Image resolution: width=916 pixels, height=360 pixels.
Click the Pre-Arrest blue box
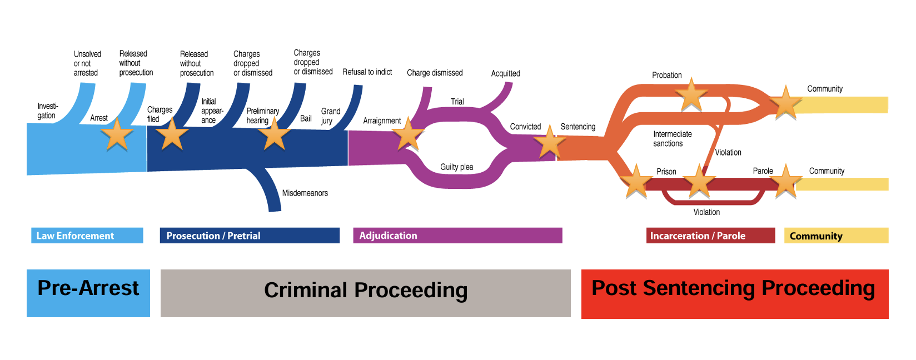[x=88, y=293]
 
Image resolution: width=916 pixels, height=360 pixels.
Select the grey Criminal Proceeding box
[x=365, y=293]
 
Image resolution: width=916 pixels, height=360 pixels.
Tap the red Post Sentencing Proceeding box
[x=734, y=293]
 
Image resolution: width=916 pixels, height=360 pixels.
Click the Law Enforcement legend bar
[x=87, y=236]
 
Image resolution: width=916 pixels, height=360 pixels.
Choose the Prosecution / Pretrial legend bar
[x=250, y=236]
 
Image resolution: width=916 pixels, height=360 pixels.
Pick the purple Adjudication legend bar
[x=457, y=236]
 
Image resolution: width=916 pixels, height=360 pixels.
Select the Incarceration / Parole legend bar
[x=710, y=236]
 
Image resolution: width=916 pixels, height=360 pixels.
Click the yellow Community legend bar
[x=836, y=236]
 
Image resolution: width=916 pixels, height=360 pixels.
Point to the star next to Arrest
[x=117, y=135]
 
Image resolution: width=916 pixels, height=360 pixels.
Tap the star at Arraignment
[x=408, y=134]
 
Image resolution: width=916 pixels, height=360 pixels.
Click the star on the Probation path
[x=691, y=95]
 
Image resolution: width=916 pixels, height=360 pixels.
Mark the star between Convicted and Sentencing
[x=549, y=142]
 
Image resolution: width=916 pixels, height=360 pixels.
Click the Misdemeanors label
[x=305, y=193]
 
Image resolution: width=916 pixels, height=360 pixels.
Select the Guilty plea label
[x=457, y=167]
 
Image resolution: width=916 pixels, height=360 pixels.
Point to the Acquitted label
[x=505, y=73]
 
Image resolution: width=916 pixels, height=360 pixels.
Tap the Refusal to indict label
[x=367, y=72]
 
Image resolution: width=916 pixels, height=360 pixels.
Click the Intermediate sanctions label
[x=672, y=139]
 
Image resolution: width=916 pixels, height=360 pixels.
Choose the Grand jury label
[x=330, y=116]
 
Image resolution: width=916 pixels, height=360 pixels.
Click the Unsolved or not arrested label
[x=87, y=63]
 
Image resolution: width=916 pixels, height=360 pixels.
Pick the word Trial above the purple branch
[x=457, y=102]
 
